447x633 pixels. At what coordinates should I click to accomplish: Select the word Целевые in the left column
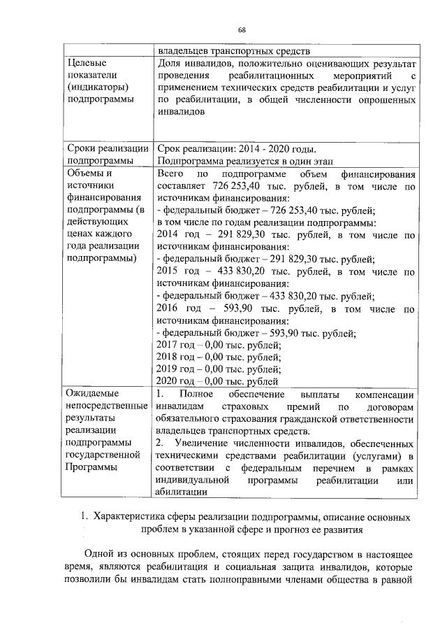tap(87, 63)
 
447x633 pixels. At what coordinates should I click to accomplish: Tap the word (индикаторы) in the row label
tap(96, 87)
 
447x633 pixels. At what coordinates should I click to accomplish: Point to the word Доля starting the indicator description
tap(170, 63)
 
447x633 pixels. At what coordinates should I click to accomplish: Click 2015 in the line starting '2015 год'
tap(169, 271)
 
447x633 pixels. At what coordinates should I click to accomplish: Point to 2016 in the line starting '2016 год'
tap(169, 308)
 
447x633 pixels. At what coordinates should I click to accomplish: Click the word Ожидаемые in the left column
tap(93, 394)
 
